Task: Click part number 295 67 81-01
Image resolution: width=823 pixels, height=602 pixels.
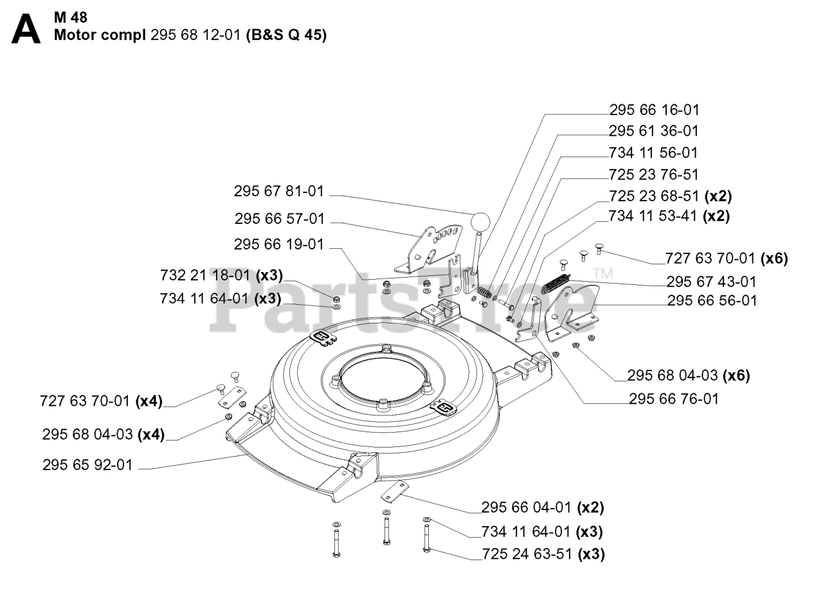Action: (x=279, y=192)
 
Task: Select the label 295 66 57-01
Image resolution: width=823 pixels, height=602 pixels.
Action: (x=280, y=219)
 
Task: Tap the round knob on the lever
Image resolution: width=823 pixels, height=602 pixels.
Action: (x=481, y=222)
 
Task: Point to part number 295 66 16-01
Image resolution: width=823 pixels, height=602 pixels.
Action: (x=654, y=110)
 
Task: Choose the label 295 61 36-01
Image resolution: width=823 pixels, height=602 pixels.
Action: (x=653, y=131)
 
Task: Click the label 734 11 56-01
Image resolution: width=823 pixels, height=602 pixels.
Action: (x=653, y=153)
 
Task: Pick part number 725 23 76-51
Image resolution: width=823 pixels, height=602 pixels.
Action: (x=653, y=175)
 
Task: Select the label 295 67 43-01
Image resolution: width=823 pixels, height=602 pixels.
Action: (x=711, y=282)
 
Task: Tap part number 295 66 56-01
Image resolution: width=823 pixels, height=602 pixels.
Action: (x=712, y=300)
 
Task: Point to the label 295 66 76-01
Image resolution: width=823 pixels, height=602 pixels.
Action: (x=673, y=399)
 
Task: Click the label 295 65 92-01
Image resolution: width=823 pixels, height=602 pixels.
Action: (x=87, y=465)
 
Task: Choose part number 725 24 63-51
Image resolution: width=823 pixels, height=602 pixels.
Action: (x=527, y=554)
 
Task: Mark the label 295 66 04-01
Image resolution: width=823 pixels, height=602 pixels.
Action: (x=527, y=507)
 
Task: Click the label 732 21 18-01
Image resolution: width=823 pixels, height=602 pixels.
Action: (x=205, y=275)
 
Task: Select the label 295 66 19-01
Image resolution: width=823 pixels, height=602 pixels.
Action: (x=279, y=245)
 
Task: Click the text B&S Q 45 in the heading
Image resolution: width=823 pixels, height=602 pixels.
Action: (x=286, y=35)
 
